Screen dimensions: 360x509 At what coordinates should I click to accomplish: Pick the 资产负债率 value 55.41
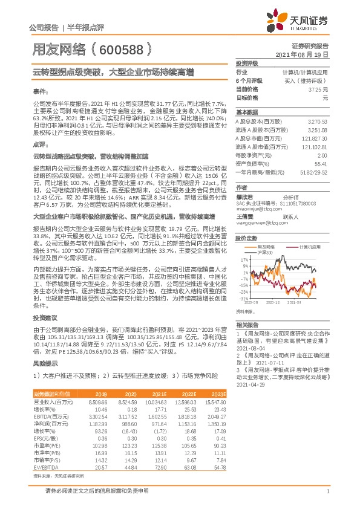tap(321, 163)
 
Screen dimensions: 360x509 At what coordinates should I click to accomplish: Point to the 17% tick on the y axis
tap(244, 258)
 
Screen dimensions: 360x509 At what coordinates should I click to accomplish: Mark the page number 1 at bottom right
tap(327, 497)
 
